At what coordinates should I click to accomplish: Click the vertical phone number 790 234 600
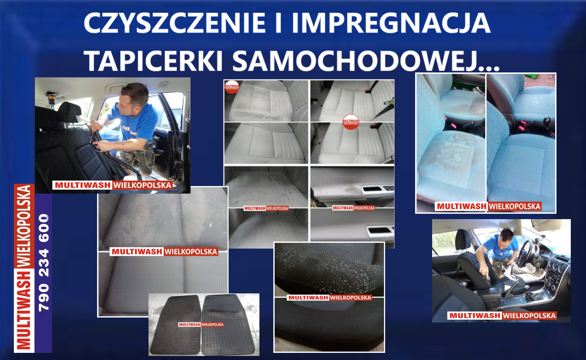(x=44, y=263)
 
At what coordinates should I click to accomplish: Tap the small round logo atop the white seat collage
(x=232, y=86)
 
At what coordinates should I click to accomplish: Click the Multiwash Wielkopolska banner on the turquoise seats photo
(x=488, y=207)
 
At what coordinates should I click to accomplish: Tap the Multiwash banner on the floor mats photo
(x=201, y=325)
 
